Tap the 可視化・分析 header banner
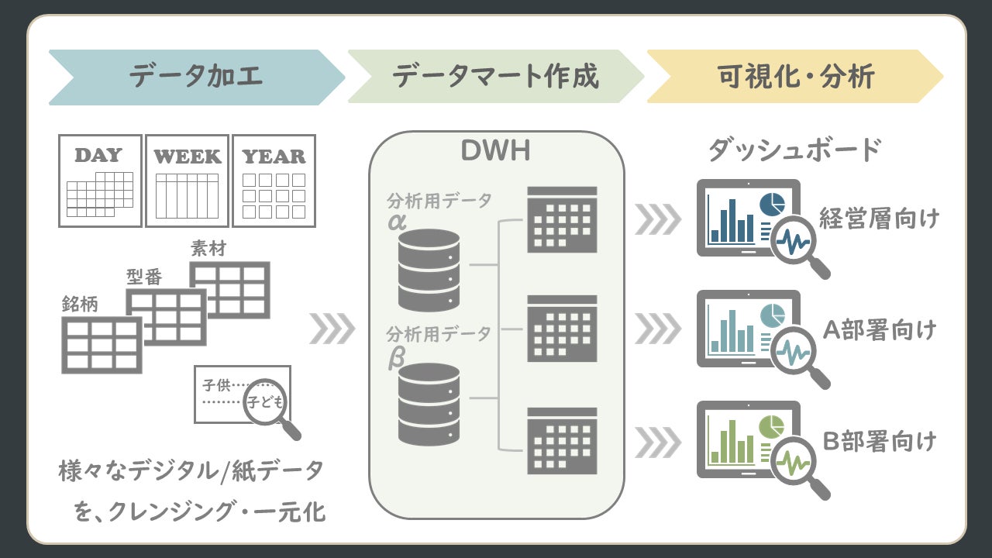tap(794, 77)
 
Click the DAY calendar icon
tap(100, 181)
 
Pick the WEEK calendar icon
tap(187, 181)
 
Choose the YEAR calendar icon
tap(274, 181)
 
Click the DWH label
tap(495, 151)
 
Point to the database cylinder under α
tap(429, 270)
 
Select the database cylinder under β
tap(429, 404)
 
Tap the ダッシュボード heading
tap(794, 150)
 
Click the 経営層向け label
tap(879, 219)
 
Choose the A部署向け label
tap(879, 330)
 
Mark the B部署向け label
tap(879, 442)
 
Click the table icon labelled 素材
tap(230, 289)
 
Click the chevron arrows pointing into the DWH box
tap(332, 329)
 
